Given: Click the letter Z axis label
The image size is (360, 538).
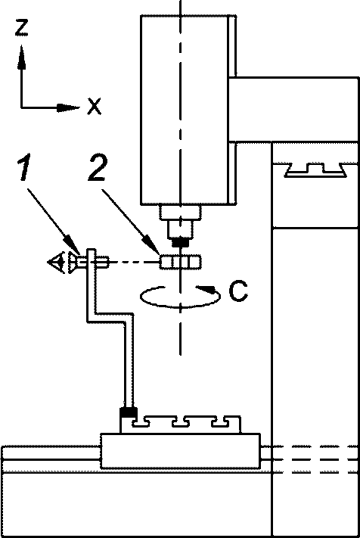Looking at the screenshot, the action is (22, 28).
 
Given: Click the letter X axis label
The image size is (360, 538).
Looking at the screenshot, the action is (95, 106).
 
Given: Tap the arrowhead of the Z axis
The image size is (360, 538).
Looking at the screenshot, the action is (22, 58).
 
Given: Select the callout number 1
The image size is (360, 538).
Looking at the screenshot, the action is (24, 167).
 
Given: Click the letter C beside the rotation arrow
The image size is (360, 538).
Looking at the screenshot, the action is (238, 291).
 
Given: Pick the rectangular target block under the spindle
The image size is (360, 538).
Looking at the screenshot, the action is (180, 262).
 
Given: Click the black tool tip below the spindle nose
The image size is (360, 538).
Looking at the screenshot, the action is (181, 243).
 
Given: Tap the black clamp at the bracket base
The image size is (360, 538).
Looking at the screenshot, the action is (129, 412).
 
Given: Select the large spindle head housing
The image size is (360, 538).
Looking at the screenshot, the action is (188, 110).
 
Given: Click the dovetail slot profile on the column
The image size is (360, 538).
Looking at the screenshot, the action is (316, 170).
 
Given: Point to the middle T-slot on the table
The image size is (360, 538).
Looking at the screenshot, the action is (181, 422).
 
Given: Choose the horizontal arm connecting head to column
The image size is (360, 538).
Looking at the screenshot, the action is (294, 110).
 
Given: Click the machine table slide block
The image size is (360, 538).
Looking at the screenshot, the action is (180, 451).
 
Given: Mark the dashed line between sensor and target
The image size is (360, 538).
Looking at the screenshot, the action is (135, 263).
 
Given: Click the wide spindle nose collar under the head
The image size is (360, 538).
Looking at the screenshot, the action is (180, 213).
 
